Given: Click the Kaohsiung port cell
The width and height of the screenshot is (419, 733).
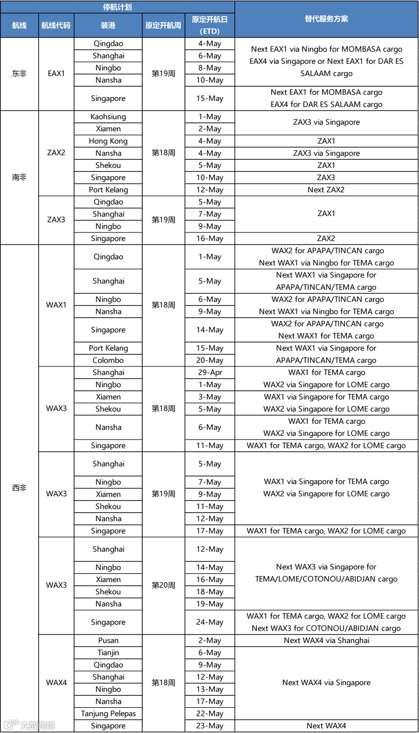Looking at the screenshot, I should (108, 117).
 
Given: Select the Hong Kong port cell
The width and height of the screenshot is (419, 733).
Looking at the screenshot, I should (108, 141).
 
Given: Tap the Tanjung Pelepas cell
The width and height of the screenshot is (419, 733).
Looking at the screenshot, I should (108, 713).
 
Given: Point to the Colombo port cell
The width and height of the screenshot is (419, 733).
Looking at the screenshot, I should (108, 360).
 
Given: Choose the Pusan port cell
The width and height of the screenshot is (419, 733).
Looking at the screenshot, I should (108, 641).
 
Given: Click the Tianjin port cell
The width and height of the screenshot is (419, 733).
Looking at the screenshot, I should (108, 653).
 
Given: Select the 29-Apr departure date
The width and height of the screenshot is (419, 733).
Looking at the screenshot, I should (209, 373).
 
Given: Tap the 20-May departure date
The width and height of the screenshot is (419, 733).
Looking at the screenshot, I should (209, 360).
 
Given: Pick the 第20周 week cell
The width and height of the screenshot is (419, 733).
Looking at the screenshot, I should (163, 585).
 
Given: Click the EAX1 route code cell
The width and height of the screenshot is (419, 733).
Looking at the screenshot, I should (56, 74).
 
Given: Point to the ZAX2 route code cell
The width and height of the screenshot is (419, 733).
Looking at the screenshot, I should (56, 153).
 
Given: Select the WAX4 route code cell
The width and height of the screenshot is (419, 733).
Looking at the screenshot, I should (56, 683).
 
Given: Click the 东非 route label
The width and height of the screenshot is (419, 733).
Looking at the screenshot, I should (19, 74).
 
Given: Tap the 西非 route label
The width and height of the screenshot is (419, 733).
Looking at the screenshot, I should (19, 488).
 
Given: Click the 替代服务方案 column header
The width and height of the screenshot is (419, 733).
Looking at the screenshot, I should (326, 19).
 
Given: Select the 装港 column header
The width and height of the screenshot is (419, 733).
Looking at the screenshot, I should (108, 26).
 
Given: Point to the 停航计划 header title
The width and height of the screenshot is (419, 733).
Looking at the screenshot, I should (117, 7).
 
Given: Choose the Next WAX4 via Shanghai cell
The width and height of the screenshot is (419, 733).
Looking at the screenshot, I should (326, 641).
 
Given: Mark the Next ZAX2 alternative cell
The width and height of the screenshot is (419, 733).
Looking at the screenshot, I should (326, 190).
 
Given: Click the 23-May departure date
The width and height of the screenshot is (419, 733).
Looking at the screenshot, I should (209, 726).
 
